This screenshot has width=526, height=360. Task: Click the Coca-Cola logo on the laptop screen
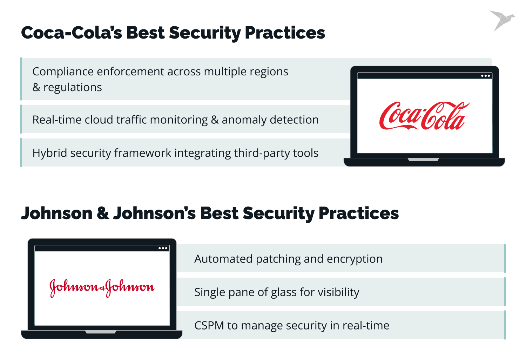click(424, 116)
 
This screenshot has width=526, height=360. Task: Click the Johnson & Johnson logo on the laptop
click(102, 287)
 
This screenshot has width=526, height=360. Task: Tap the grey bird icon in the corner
click(501, 20)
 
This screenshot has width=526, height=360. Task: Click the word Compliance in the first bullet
click(63, 72)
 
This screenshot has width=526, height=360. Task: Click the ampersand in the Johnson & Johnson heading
click(103, 213)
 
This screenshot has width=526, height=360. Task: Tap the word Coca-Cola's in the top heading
click(72, 33)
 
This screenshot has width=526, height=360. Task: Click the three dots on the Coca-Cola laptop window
click(485, 76)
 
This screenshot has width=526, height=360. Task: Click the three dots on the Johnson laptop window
click(163, 248)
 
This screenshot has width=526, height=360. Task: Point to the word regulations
click(73, 88)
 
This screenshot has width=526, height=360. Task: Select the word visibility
click(338, 292)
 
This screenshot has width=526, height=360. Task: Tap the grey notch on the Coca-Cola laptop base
click(423, 159)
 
